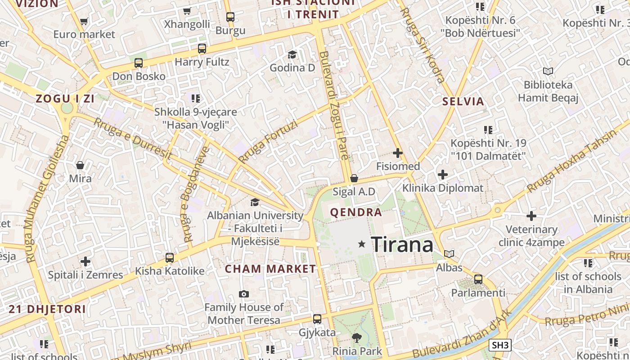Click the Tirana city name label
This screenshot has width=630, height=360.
[402, 244]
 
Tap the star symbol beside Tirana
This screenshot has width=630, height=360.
[361, 244]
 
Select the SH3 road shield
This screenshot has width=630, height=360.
[500, 345]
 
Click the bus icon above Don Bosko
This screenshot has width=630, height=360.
[139, 63]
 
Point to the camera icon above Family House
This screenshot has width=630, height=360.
[244, 294]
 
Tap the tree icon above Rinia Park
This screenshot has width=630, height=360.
[357, 337]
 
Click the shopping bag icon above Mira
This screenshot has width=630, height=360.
[80, 165]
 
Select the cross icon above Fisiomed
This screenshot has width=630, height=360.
[398, 153]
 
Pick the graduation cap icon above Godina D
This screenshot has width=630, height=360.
[292, 54]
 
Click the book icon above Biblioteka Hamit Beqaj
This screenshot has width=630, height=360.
[548, 71]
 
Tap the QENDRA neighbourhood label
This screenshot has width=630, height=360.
[356, 212]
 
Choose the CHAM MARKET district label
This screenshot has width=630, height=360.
[270, 269]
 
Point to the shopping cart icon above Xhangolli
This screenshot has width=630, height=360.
[187, 11]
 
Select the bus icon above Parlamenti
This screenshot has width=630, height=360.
[478, 279]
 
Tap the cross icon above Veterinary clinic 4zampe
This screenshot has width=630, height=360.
[531, 216]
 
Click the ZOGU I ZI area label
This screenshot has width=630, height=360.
[65, 99]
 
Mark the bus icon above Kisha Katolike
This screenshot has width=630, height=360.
[170, 258]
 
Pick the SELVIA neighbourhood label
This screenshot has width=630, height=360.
[463, 101]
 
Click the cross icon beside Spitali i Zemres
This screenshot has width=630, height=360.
[85, 261]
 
